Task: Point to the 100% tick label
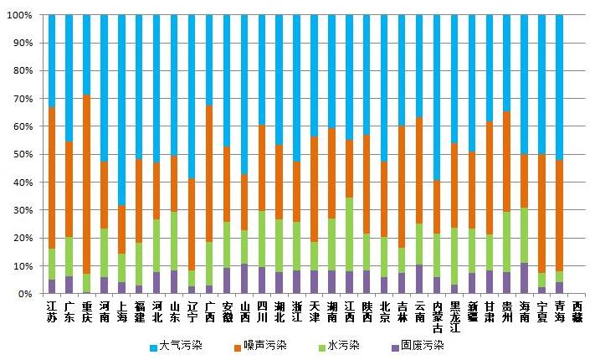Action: [x=21, y=15]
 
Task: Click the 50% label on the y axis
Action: [x=23, y=155]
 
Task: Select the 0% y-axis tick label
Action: [x=26, y=294]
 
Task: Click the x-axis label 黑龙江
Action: [x=454, y=316]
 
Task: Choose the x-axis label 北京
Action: [x=384, y=311]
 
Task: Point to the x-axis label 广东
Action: [x=69, y=311]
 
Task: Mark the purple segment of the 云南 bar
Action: [x=419, y=280]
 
